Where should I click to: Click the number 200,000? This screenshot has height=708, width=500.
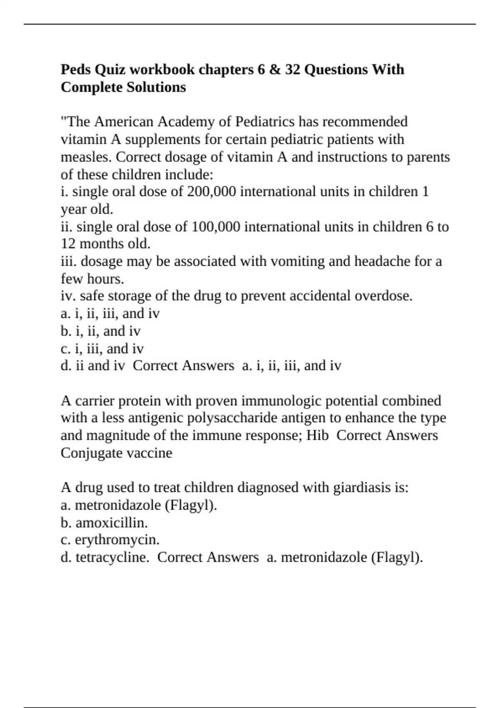pyautogui.click(x=212, y=192)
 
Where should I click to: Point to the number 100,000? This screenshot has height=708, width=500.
pyautogui.click(x=216, y=227)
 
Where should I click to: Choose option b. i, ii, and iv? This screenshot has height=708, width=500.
pyautogui.click(x=100, y=331)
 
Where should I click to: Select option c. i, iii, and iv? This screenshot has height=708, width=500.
pyautogui.click(x=102, y=349)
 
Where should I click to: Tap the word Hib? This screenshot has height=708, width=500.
pyautogui.click(x=317, y=435)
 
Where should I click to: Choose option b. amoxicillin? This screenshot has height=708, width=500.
pyautogui.click(x=104, y=523)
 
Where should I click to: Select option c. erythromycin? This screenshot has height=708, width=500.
pyautogui.click(x=110, y=540)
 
